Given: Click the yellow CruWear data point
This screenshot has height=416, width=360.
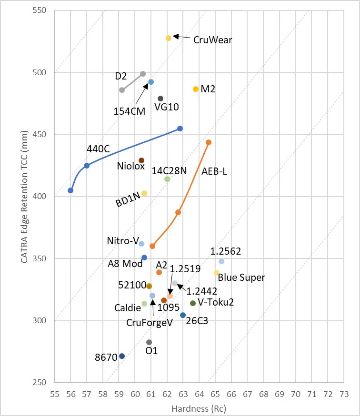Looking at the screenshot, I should [169, 38].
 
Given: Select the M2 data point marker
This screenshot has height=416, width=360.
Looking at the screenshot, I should [196, 89].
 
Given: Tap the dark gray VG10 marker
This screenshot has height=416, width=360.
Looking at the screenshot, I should [160, 99].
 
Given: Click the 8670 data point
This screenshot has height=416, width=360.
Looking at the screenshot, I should [122, 356].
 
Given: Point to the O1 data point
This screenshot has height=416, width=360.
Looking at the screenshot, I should [149, 342].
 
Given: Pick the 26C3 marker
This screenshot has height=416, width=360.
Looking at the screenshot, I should [183, 315].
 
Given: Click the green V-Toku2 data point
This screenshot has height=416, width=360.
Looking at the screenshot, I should [193, 303].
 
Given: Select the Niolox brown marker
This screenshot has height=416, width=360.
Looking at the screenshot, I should [141, 160].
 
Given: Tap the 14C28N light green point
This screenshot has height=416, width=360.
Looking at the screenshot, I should [167, 179].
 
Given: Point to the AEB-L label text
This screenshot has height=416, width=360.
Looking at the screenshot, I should [214, 171].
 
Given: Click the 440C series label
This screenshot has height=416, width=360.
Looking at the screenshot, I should [98, 149].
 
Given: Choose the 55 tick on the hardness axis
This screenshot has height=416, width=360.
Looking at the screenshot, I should [54, 395].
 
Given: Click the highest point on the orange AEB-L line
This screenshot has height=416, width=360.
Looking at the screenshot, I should [209, 142].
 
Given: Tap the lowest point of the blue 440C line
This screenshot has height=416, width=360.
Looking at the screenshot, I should [70, 190].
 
